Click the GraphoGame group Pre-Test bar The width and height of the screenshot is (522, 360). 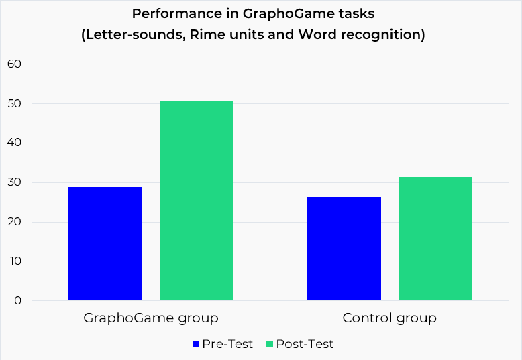105,243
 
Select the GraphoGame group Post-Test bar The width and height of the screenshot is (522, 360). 197,200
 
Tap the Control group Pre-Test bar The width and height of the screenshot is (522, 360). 344,249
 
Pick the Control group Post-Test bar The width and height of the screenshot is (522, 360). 435,239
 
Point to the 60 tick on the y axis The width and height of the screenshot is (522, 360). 15,64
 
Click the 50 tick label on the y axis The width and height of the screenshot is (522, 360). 15,104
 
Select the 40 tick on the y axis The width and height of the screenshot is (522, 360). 15,143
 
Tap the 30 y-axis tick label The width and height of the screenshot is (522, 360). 15,182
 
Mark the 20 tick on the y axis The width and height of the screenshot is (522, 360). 15,222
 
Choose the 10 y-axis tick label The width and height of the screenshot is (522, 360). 15,261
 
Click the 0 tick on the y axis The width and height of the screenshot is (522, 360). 17,301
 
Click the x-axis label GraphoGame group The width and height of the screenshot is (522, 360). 151,318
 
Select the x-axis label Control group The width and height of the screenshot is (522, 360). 390,318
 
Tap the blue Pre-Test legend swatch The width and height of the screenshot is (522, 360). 196,344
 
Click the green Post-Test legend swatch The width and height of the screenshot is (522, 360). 270,344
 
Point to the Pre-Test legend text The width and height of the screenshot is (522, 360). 228,344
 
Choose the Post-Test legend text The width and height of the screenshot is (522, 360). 305,344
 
